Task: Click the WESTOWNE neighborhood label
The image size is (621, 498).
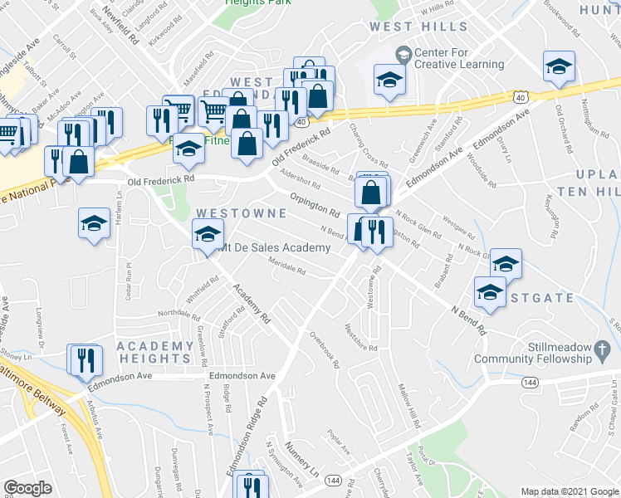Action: (241, 214)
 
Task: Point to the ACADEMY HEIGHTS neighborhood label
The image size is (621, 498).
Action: (155, 352)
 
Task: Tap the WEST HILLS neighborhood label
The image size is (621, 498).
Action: (419, 27)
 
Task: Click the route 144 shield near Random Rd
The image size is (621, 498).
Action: (529, 383)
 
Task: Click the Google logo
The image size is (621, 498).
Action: (27, 488)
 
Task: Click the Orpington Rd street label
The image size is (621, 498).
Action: (315, 205)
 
